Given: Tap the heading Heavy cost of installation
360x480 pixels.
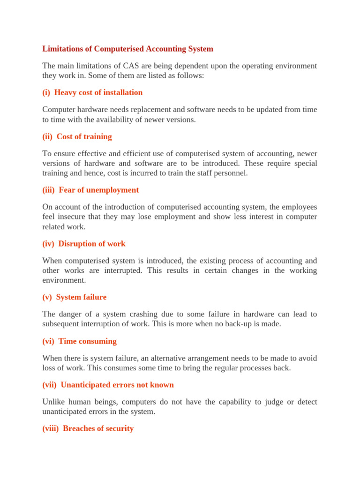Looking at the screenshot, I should click(98, 92).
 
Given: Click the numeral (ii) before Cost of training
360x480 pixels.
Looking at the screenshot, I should click(47, 136).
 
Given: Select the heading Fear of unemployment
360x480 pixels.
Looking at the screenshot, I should click(98, 190).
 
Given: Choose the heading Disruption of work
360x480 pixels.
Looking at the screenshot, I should click(92, 244).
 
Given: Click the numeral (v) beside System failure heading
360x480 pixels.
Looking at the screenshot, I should click(47, 297).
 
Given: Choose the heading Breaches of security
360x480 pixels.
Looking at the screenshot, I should click(98, 428).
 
